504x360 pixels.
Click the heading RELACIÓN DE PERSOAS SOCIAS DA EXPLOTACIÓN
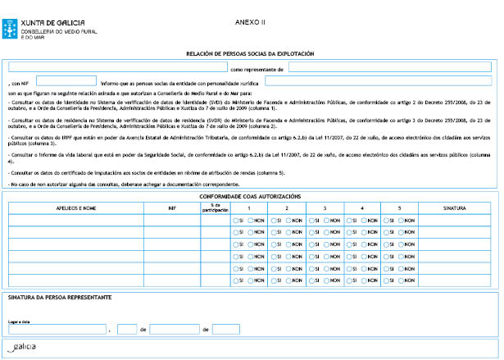(x=251, y=53)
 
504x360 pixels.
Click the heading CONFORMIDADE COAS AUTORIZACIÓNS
(x=251, y=197)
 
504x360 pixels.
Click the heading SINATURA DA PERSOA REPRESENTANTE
(x=59, y=297)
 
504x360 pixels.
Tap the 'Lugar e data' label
(x=18, y=321)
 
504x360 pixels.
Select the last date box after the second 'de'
(x=225, y=330)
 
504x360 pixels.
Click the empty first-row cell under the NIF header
(x=171, y=221)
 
